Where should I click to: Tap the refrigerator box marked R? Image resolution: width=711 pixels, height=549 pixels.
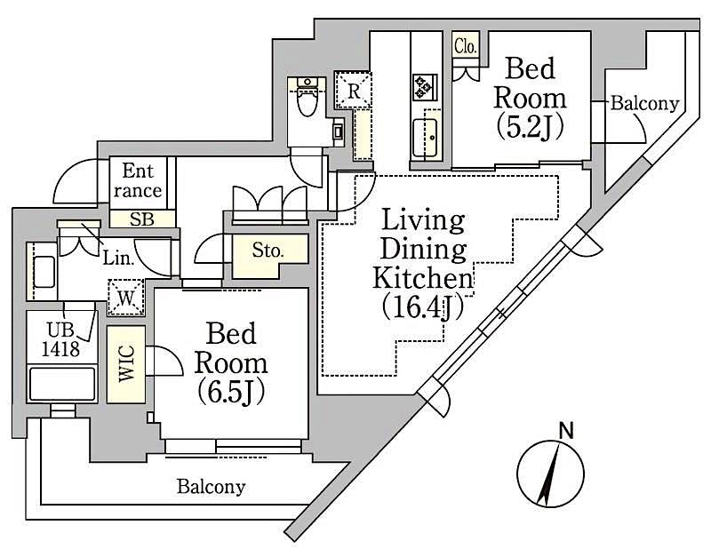coord(354,90)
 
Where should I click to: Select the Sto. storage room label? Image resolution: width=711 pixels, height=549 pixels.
coord(269,251)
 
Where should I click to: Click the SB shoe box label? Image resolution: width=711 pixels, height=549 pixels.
coord(141,219)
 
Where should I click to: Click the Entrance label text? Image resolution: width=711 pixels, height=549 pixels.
coord(142,180)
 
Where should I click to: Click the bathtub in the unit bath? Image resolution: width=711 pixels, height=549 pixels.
coord(62,386)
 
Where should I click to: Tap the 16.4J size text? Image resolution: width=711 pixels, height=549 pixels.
coord(424,306)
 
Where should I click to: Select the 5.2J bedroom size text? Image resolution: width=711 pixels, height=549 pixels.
coord(530,127)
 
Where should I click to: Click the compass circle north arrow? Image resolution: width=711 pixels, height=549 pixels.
coord(551,475)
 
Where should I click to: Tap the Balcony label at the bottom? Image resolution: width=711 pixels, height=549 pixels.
coord(211,487)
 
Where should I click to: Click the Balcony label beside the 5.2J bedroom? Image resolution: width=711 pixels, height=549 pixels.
coord(644,104)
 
